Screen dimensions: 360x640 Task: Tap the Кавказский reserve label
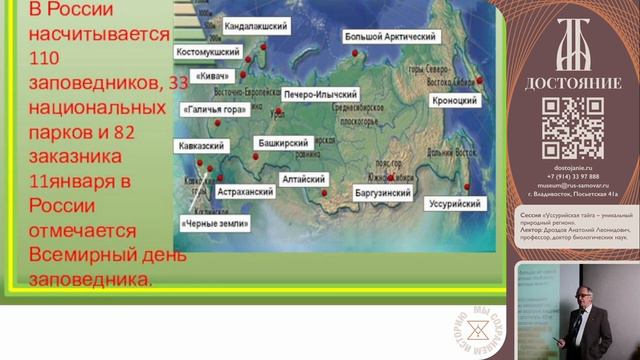[x=200, y=145]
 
